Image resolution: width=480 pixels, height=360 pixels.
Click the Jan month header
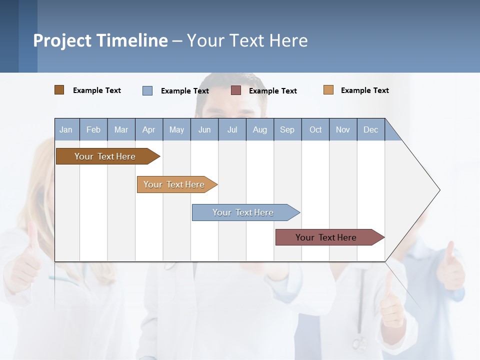coord(66,129)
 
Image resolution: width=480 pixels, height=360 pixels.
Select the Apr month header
coord(149,129)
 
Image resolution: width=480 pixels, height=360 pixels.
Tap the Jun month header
coord(204,129)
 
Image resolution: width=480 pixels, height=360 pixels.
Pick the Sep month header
coord(287,129)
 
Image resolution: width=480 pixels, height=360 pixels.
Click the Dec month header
coord(371,129)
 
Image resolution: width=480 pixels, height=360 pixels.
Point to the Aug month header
coord(260,129)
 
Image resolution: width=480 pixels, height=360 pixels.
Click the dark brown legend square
coord(59,90)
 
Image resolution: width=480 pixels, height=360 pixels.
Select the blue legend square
coord(147,90)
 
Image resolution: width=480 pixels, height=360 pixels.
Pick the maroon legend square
coord(236,90)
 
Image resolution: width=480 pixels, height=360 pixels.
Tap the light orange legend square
coord(328,90)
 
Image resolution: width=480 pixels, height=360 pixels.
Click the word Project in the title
coord(62,40)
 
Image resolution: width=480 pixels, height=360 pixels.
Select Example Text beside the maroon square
coord(273,91)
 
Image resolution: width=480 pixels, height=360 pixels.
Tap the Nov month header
coord(343,129)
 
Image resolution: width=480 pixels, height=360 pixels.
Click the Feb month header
coord(93,129)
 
